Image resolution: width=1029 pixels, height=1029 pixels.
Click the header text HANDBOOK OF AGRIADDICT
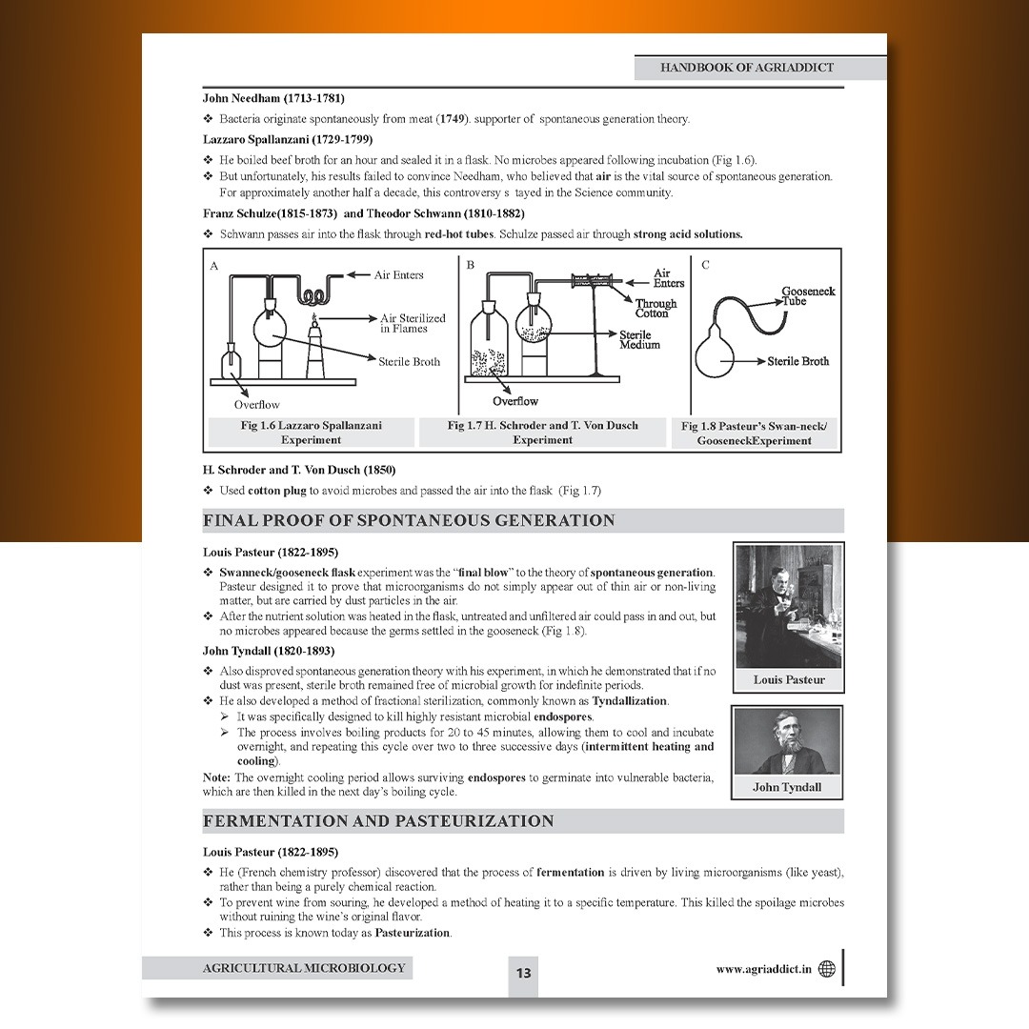coord(747,68)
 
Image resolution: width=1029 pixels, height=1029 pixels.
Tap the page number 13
coord(523,973)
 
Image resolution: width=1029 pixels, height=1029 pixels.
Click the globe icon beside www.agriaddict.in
coord(826,969)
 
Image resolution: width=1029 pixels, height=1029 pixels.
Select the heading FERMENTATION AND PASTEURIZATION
coord(378,821)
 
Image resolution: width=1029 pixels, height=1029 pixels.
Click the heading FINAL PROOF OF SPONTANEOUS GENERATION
coord(409,520)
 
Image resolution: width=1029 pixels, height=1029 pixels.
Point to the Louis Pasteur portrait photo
coord(788,607)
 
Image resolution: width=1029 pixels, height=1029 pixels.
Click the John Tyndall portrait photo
coord(787,742)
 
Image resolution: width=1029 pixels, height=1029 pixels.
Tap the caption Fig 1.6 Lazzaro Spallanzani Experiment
coord(311,433)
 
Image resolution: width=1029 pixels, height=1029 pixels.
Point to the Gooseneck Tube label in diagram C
coord(808,295)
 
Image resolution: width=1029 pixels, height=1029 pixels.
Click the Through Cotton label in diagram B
coord(656,308)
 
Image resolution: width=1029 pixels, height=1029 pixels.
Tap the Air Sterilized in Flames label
coord(413,323)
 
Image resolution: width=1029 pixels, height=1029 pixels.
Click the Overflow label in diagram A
coord(257,404)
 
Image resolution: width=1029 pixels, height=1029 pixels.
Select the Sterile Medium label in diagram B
coord(639,339)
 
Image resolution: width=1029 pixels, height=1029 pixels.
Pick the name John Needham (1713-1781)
coord(273,98)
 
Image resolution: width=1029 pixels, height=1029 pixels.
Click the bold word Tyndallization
coord(630,701)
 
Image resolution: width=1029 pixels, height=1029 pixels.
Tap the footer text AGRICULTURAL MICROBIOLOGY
coord(303,968)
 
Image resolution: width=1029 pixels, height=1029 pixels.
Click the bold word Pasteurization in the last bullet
coord(413,933)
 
